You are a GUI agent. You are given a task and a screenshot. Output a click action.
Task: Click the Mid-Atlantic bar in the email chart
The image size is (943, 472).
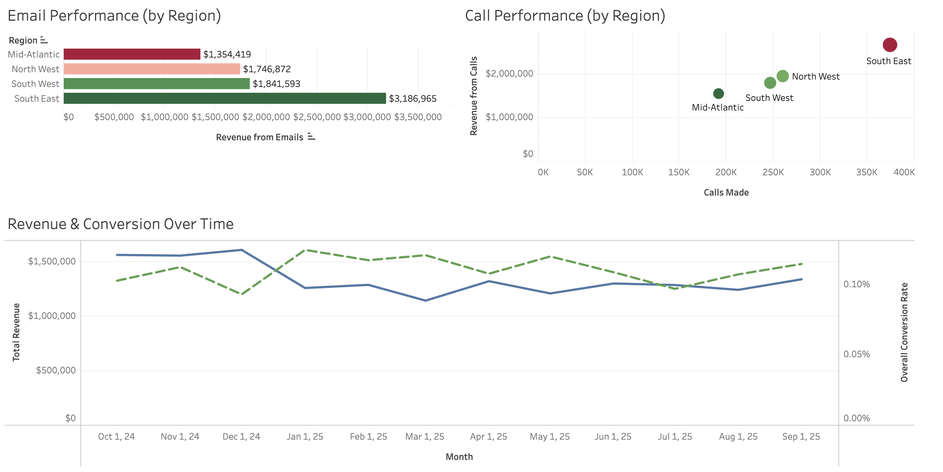pyautogui.click(x=132, y=54)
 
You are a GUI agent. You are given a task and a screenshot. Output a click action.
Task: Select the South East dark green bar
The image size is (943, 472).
pyautogui.click(x=224, y=98)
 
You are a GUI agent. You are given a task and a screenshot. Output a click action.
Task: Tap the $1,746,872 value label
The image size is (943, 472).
pyautogui.click(x=267, y=69)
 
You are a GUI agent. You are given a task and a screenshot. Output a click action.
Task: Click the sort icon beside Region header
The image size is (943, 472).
pyautogui.click(x=44, y=40)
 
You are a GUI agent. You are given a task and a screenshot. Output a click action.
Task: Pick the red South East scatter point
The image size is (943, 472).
pyautogui.click(x=889, y=45)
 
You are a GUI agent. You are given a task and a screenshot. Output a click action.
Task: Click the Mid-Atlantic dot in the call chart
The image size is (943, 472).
pyautogui.click(x=718, y=93)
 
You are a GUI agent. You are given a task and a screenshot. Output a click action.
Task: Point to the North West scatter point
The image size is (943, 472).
pyautogui.click(x=782, y=76)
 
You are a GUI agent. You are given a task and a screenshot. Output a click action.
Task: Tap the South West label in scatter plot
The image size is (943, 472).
pyautogui.click(x=769, y=98)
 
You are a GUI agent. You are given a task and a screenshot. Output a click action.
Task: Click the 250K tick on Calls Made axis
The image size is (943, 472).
pyautogui.click(x=773, y=172)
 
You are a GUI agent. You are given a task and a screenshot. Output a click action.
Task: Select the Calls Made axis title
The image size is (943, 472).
pyautogui.click(x=726, y=192)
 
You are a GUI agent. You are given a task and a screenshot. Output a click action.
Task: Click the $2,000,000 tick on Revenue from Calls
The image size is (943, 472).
pyautogui.click(x=509, y=74)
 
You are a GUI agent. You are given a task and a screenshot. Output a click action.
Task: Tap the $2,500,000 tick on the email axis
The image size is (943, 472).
pyautogui.click(x=316, y=117)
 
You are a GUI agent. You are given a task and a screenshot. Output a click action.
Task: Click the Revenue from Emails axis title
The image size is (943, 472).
pyautogui.click(x=260, y=137)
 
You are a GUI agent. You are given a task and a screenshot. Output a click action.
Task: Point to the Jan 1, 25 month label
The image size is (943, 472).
pyautogui.click(x=305, y=437)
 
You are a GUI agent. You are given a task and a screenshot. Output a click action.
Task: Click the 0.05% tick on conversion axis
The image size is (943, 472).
pyautogui.click(x=856, y=354)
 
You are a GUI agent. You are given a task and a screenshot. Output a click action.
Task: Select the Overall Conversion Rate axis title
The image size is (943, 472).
pyautogui.click(x=904, y=332)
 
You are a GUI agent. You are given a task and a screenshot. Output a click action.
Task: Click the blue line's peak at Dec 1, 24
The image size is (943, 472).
pyautogui.click(x=241, y=250)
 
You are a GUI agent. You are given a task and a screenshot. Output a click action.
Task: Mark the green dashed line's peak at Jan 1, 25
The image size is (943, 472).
pyautogui.click(x=306, y=250)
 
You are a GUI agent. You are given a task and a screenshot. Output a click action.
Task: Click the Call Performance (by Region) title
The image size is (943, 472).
pyautogui.click(x=565, y=16)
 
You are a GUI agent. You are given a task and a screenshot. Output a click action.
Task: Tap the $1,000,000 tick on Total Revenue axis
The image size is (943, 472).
pyautogui.click(x=52, y=316)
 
